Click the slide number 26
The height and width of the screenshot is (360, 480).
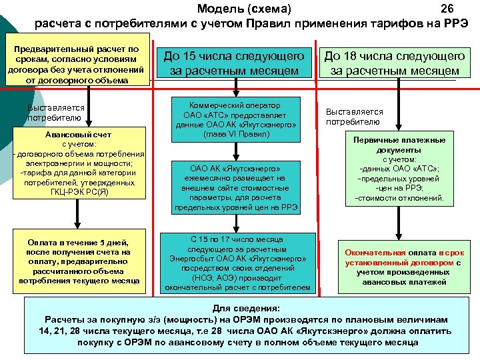click(447, 9)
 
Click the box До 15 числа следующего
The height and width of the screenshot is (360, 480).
click(234, 63)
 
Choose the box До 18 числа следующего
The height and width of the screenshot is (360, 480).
click(395, 63)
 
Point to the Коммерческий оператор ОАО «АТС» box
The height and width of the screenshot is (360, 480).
click(234, 120)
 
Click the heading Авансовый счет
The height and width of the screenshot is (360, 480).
click(79, 134)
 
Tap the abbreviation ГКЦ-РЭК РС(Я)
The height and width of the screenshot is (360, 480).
click(79, 192)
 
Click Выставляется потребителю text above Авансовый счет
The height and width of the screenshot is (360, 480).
click(56, 112)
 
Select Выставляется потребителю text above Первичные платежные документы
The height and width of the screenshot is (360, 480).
click(354, 117)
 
